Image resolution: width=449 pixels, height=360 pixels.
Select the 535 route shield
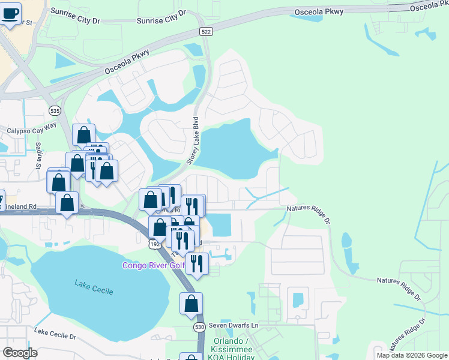click(55, 110)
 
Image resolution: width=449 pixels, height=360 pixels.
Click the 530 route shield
click(199, 327)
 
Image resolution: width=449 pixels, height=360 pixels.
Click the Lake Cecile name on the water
click(91, 283)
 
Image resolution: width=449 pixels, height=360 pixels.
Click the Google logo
click(20, 353)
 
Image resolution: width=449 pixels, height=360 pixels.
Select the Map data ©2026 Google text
click(412, 355)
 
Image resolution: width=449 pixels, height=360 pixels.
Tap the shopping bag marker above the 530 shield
click(191, 304)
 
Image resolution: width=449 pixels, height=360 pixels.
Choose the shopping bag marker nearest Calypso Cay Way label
click(83, 135)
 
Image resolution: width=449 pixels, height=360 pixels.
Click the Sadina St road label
click(37, 159)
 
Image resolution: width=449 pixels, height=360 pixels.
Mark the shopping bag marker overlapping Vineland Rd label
click(67, 203)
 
